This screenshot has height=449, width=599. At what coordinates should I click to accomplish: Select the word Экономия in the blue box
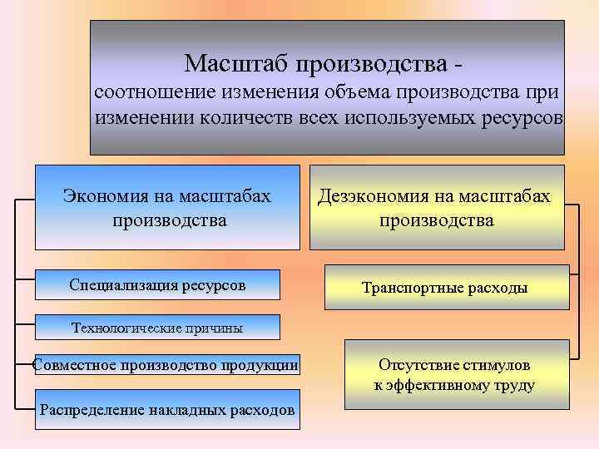tap(106, 196)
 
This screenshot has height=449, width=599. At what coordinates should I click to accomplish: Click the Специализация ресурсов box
tap(157, 285)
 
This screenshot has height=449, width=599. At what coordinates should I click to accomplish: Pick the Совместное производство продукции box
tap(166, 365)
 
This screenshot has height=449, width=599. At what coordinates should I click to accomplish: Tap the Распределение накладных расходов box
tap(166, 410)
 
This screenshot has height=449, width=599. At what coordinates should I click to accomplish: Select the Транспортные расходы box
tap(444, 288)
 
